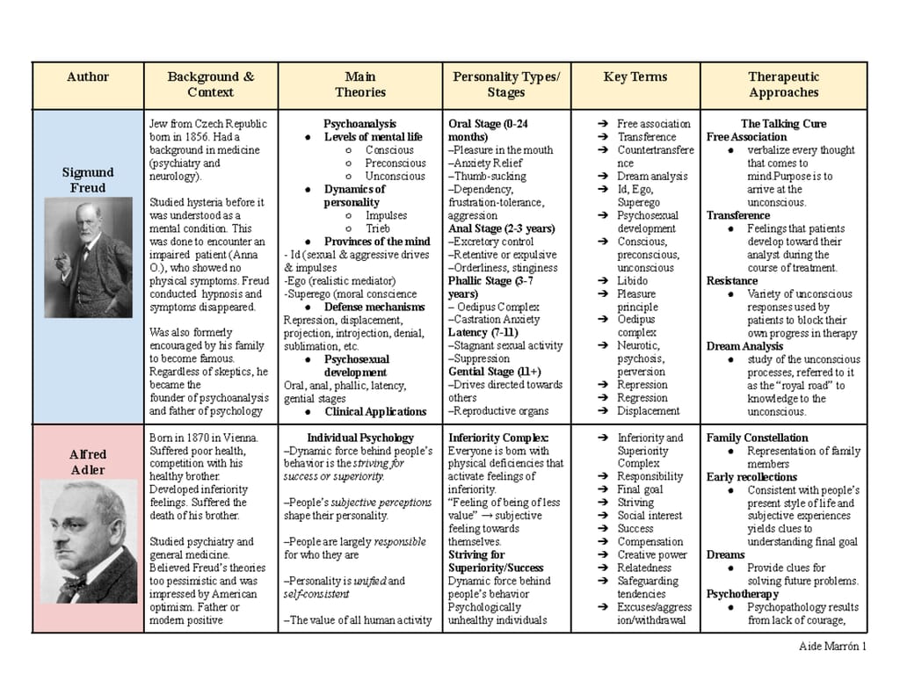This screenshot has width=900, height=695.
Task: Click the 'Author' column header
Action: (88, 77)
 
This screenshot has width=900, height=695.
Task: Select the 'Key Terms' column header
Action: (635, 77)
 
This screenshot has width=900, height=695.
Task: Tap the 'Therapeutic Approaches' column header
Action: (783, 84)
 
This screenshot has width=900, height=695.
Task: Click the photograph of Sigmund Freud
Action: (88, 258)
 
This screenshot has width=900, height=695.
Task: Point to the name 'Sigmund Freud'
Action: (88, 180)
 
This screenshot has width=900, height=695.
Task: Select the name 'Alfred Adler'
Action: (88, 462)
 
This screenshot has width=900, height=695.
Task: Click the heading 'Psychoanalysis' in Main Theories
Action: (359, 124)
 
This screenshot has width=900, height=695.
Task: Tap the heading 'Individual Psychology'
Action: (359, 438)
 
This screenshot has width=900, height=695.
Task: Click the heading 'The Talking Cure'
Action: (783, 124)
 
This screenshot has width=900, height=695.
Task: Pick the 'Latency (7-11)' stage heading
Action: (483, 333)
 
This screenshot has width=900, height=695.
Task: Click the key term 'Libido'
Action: (632, 281)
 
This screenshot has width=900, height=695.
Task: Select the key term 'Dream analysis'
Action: (652, 176)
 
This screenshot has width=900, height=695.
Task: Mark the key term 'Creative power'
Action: (651, 555)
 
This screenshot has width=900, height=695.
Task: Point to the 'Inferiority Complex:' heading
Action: (498, 438)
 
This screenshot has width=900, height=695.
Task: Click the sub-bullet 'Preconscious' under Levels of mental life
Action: (396, 163)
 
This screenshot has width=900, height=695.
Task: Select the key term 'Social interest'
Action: (649, 516)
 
